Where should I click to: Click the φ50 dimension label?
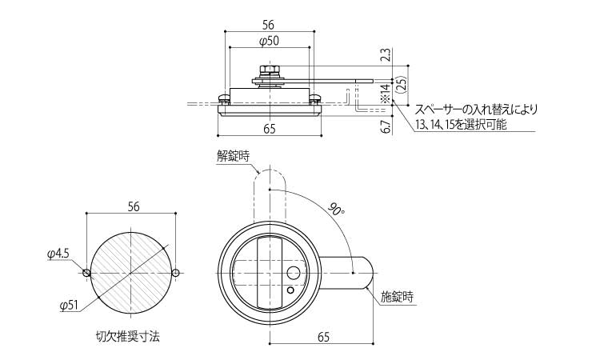(x=270, y=41)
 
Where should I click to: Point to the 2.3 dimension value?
(x=385, y=55)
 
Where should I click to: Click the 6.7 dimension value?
(x=385, y=125)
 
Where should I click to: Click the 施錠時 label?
(x=397, y=297)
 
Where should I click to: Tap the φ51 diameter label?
(x=69, y=305)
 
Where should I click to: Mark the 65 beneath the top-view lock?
(x=323, y=338)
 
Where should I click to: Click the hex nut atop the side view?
(x=269, y=70)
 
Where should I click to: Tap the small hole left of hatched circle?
(x=87, y=273)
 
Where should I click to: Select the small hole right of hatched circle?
(x=176, y=273)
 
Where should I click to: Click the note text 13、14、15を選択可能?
(x=462, y=126)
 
